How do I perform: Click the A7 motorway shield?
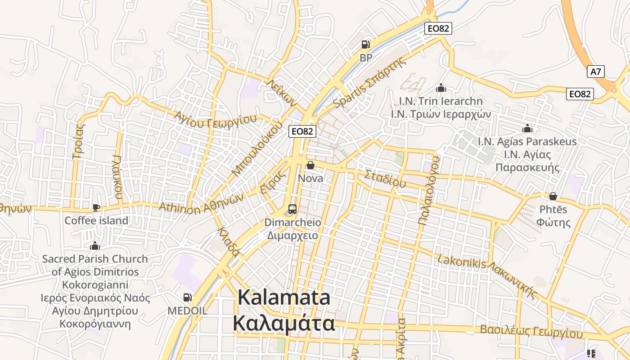(x=596, y=72)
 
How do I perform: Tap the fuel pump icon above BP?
(x=365, y=45)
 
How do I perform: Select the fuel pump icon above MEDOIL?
(x=187, y=297)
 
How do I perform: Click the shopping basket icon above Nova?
(x=310, y=165)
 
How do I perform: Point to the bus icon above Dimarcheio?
(x=292, y=209)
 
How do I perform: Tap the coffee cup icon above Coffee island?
(x=96, y=207)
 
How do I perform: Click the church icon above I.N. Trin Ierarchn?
(x=441, y=88)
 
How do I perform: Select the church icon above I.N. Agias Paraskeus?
(x=527, y=129)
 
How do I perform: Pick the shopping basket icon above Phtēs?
(x=553, y=196)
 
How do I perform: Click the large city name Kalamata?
(x=284, y=298)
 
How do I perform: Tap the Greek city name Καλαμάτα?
(x=284, y=323)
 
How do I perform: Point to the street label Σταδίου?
(x=385, y=179)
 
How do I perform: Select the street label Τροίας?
(x=79, y=141)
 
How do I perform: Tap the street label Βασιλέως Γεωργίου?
(x=531, y=332)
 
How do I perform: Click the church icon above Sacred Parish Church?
(x=94, y=246)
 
